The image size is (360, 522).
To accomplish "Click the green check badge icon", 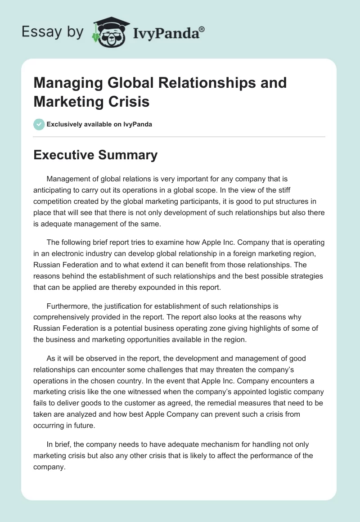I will click(39, 124).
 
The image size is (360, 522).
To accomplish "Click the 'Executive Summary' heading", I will click(95, 155).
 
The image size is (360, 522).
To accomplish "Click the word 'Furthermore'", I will click(68, 306).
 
